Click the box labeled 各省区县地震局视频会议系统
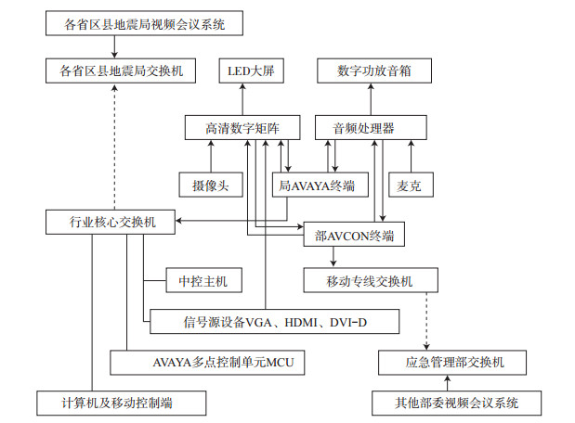pyautogui.click(x=144, y=22)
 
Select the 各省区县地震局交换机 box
pyautogui.click(x=120, y=70)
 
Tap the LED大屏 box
pyautogui.click(x=245, y=70)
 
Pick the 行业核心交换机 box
pyautogui.click(x=108, y=223)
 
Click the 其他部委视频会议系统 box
pyautogui.click(x=456, y=403)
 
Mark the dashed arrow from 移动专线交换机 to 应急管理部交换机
pyautogui.click(x=426, y=320)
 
